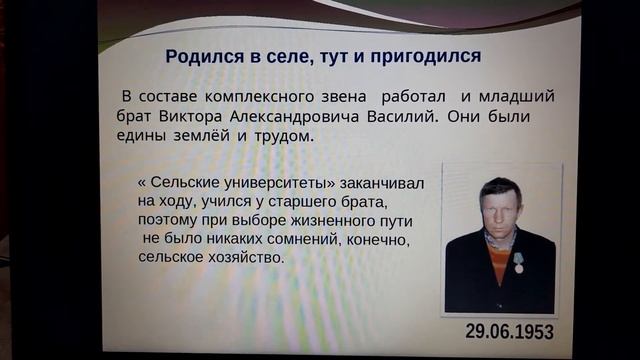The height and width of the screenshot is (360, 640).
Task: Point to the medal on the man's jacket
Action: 519,262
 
